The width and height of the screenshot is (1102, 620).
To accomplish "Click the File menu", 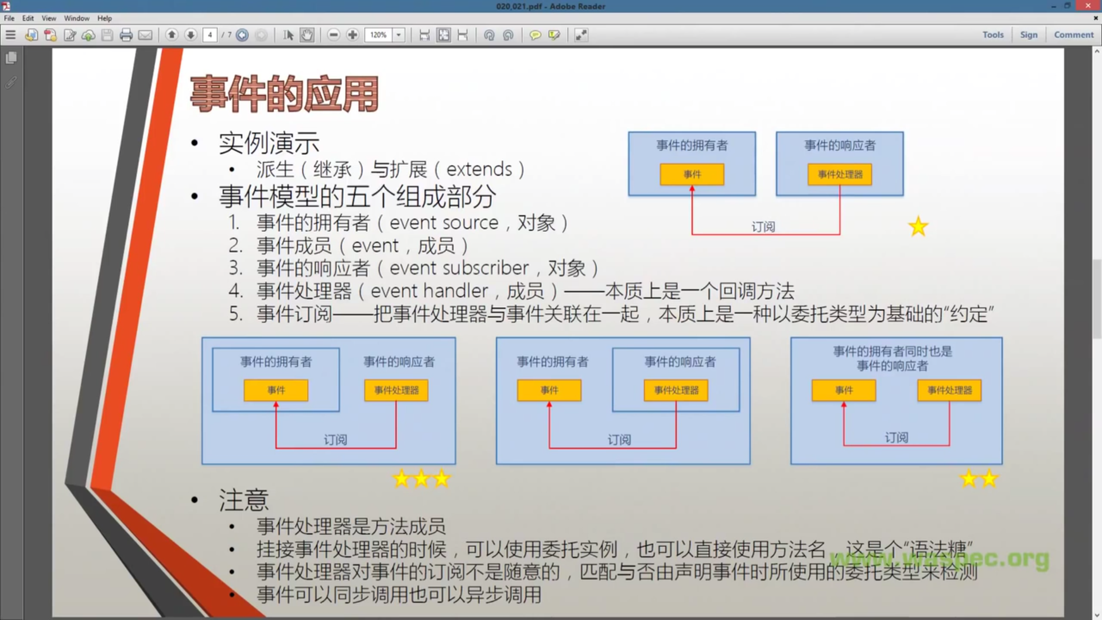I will [x=9, y=18].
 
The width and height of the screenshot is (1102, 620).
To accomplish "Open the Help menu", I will [x=104, y=18].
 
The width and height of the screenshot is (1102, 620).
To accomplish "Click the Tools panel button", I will [x=993, y=35].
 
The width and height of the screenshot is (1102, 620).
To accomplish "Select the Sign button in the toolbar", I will [x=1029, y=35].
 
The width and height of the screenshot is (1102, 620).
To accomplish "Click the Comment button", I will [x=1073, y=35].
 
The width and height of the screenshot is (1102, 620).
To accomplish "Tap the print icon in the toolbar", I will [x=126, y=35].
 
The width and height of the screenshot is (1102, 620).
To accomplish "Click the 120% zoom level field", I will [x=379, y=35].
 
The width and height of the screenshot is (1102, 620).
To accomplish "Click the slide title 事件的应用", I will [x=284, y=94].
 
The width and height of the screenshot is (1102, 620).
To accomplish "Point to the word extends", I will [x=479, y=169].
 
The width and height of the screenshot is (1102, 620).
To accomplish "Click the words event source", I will [x=444, y=223].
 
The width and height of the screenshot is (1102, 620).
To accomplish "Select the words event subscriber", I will [x=459, y=268].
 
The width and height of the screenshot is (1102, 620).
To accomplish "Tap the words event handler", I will [x=429, y=291].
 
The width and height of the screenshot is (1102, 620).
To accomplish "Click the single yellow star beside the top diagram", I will [x=918, y=227].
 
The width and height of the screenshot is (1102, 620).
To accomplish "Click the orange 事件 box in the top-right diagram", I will [x=692, y=175].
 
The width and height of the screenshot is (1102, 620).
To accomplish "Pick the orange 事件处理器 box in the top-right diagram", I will [x=840, y=175].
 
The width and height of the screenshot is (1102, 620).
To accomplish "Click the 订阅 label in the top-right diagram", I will [x=763, y=227].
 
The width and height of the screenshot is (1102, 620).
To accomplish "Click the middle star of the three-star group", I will [x=421, y=479].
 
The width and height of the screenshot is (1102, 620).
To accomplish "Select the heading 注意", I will [x=243, y=500].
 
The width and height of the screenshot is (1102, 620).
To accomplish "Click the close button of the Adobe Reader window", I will [x=1088, y=6].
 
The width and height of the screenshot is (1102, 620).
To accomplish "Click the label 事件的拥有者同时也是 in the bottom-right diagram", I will [x=893, y=351].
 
